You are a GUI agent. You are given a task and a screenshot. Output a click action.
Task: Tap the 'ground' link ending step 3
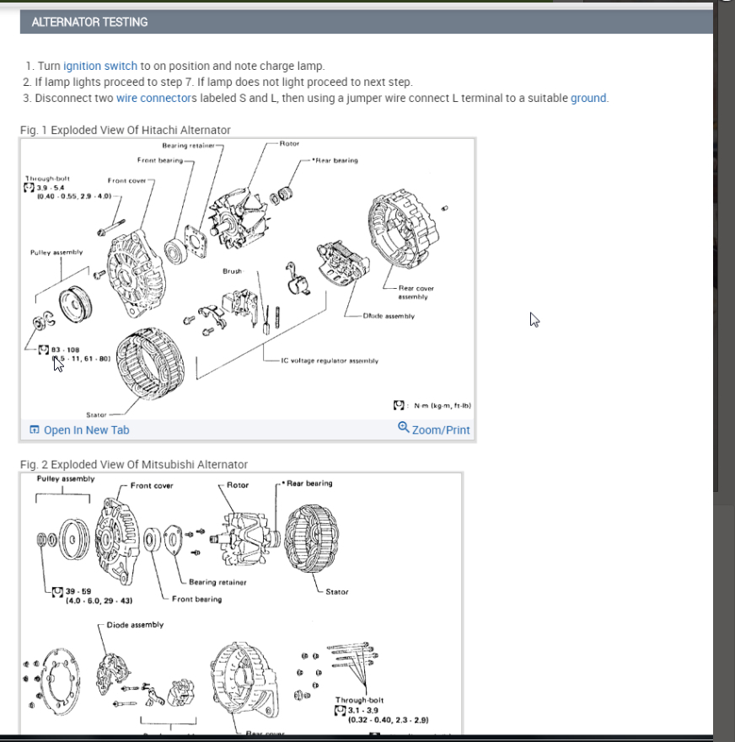click(x=588, y=98)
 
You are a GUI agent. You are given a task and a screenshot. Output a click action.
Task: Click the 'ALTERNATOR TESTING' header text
click(x=89, y=22)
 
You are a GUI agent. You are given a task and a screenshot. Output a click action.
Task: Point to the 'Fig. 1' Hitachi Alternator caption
click(x=125, y=130)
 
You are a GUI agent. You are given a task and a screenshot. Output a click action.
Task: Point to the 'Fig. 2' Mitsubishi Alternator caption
click(x=133, y=464)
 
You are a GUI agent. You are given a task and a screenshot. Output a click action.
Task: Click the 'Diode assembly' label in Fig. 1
click(x=389, y=317)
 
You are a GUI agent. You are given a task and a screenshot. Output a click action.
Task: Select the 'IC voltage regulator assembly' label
click(x=330, y=360)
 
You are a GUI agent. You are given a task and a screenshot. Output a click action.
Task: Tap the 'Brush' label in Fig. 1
click(x=232, y=271)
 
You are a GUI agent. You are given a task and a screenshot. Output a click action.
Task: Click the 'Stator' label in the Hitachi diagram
click(x=96, y=414)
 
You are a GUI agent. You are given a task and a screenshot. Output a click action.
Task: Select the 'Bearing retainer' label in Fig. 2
click(x=217, y=582)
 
